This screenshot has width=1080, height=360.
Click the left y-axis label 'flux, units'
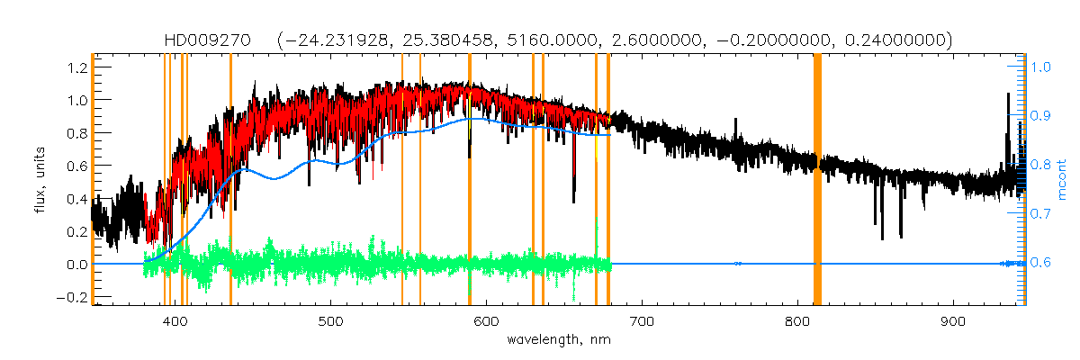pos(39,176)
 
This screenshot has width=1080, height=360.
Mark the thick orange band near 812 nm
pos(818,180)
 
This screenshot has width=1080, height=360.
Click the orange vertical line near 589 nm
pos(470,180)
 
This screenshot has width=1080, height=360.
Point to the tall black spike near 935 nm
pos(1006,117)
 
